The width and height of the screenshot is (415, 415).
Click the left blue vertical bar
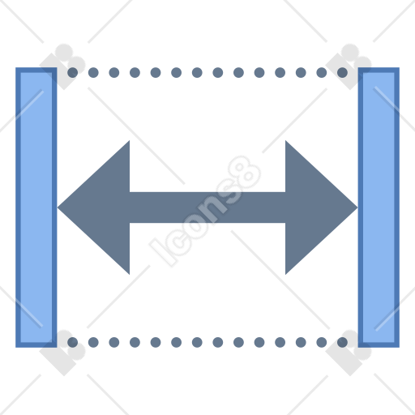pos(36,207)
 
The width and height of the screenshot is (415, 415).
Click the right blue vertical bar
pos(379,207)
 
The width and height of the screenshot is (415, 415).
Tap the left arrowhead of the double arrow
pos(93,207)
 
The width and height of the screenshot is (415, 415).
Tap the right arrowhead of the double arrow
pos(322,207)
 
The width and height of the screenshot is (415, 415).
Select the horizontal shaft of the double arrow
pos(207,207)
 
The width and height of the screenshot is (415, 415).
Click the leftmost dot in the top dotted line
pos(72,72)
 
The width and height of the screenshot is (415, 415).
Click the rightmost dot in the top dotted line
pos(342,72)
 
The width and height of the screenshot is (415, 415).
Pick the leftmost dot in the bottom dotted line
pos(72,342)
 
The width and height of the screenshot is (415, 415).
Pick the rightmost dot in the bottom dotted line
pos(342,342)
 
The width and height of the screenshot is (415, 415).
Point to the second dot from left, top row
pos(93,72)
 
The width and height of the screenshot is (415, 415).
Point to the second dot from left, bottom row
pos(93,342)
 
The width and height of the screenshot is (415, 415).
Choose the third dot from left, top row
pos(114,72)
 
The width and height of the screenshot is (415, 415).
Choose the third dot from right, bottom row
pos(301,342)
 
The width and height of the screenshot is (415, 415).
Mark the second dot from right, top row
pos(322,72)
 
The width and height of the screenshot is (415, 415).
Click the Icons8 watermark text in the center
pos(205,212)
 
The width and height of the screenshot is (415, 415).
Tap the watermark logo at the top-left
pos(62,66)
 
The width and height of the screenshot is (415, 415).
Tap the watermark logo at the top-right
pos(349,66)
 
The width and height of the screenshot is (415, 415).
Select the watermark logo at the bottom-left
pos(62,353)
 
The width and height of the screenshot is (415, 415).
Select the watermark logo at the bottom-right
pos(349,353)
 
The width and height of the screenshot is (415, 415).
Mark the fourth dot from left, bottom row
pos(135,342)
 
